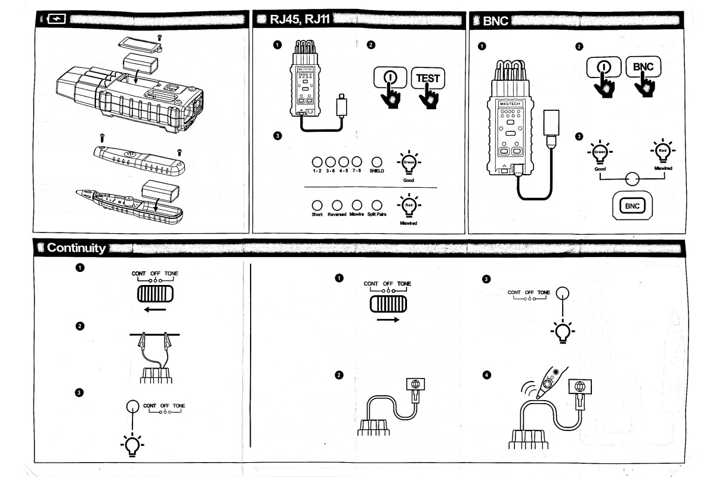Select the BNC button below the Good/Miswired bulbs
632,206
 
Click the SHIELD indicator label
376,171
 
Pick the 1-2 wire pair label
317,171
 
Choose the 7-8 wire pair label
357,171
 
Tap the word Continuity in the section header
77,248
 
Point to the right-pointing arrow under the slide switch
388,319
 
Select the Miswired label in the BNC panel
662,169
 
